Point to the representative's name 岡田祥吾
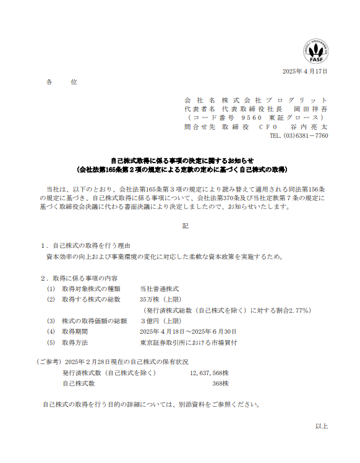coord(310,109)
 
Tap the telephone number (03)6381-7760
coord(306,135)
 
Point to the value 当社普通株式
coord(159,289)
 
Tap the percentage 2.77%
coord(296,310)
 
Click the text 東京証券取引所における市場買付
coord(188,342)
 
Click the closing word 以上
coord(321,426)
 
